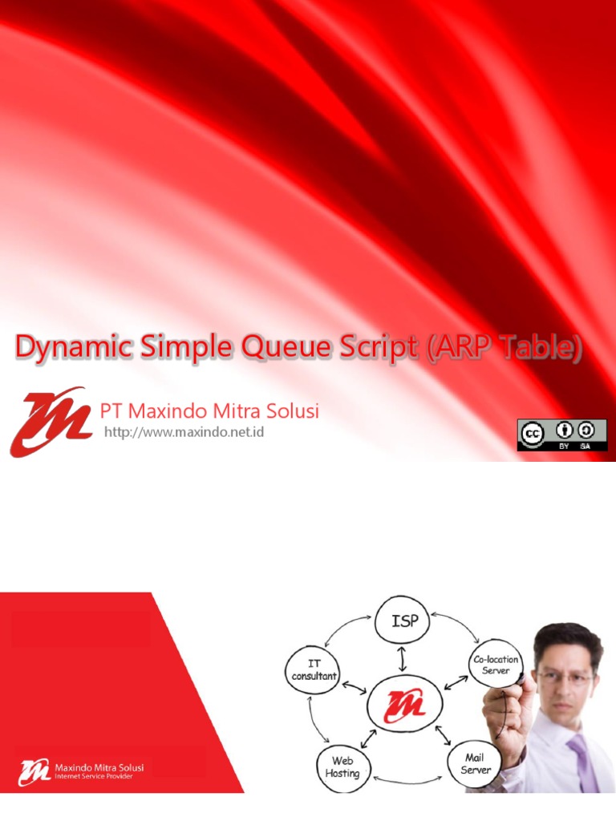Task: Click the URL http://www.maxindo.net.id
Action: pyautogui.click(x=184, y=433)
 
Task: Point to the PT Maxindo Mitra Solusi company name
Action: pyautogui.click(x=209, y=411)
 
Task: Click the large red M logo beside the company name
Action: pyautogui.click(x=50, y=421)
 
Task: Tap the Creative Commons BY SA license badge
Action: pyautogui.click(x=561, y=435)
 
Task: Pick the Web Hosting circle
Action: pyautogui.click(x=342, y=766)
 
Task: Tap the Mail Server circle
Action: pyautogui.click(x=476, y=764)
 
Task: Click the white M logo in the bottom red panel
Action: pyautogui.click(x=34, y=773)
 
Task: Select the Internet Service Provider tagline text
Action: pyautogui.click(x=94, y=777)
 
